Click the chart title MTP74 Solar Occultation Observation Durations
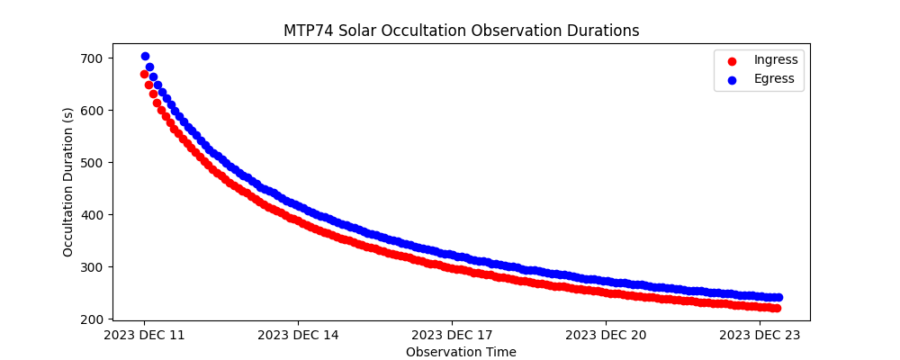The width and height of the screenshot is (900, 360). (x=461, y=31)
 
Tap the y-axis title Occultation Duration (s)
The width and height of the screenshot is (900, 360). (x=68, y=182)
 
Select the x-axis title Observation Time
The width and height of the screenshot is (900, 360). (x=461, y=352)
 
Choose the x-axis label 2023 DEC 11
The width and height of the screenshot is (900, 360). (x=144, y=336)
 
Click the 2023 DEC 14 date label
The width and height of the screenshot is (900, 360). (x=298, y=336)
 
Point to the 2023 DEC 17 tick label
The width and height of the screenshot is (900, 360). (x=452, y=336)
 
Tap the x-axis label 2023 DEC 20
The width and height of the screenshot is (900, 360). (x=606, y=336)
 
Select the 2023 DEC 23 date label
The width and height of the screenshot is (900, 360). (x=760, y=336)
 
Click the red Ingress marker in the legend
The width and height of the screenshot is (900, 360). (x=732, y=61)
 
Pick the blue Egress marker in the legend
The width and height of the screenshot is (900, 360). (x=732, y=80)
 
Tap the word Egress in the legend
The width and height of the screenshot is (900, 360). (x=774, y=79)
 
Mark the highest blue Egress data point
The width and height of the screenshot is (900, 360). (x=145, y=57)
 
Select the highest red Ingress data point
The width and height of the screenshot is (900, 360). (x=144, y=74)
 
